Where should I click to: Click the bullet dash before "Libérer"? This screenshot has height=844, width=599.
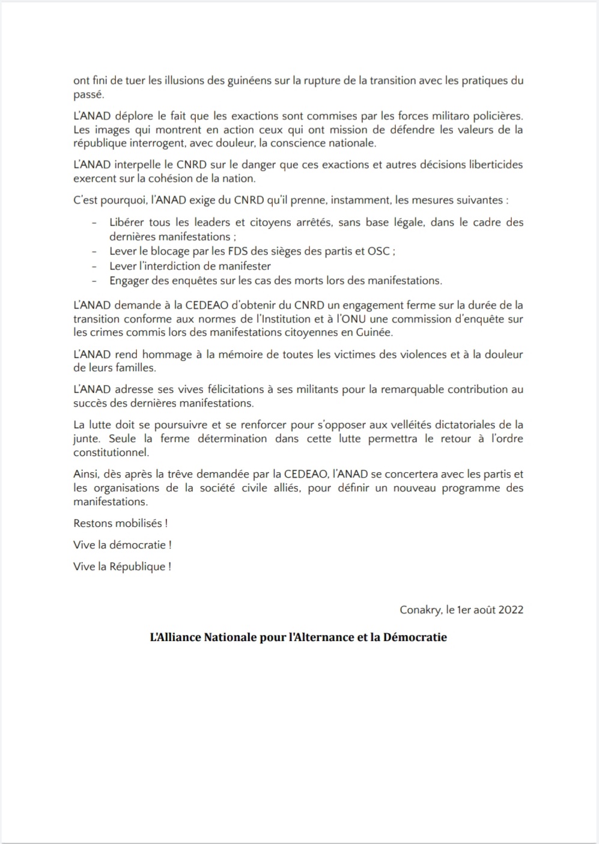pos(94,223)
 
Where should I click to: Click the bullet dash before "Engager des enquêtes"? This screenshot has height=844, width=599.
pos(94,281)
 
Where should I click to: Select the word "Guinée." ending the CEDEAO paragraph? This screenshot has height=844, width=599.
pos(375,333)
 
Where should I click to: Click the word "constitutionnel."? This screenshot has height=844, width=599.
pos(111,452)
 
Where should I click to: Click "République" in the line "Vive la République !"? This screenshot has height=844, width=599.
pos(136,566)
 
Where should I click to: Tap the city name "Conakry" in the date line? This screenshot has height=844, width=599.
pos(420,610)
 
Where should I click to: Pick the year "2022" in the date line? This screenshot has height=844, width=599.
pos(510,610)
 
